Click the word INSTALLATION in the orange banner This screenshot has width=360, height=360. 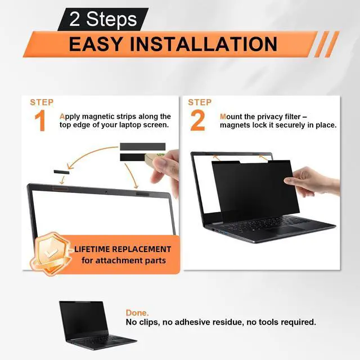pos(204,44)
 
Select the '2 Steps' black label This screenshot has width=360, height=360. pos(103,19)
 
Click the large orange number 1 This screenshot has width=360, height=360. pos(40,120)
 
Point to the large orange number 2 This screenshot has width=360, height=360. pos(197,120)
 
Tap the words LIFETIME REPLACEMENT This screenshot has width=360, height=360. pos(123,249)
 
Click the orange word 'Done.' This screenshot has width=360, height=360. pos(137,313)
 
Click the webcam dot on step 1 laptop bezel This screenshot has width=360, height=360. pos(106,191)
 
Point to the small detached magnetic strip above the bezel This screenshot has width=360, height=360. pos(61,172)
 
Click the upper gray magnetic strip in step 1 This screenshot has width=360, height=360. pos(142,146)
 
